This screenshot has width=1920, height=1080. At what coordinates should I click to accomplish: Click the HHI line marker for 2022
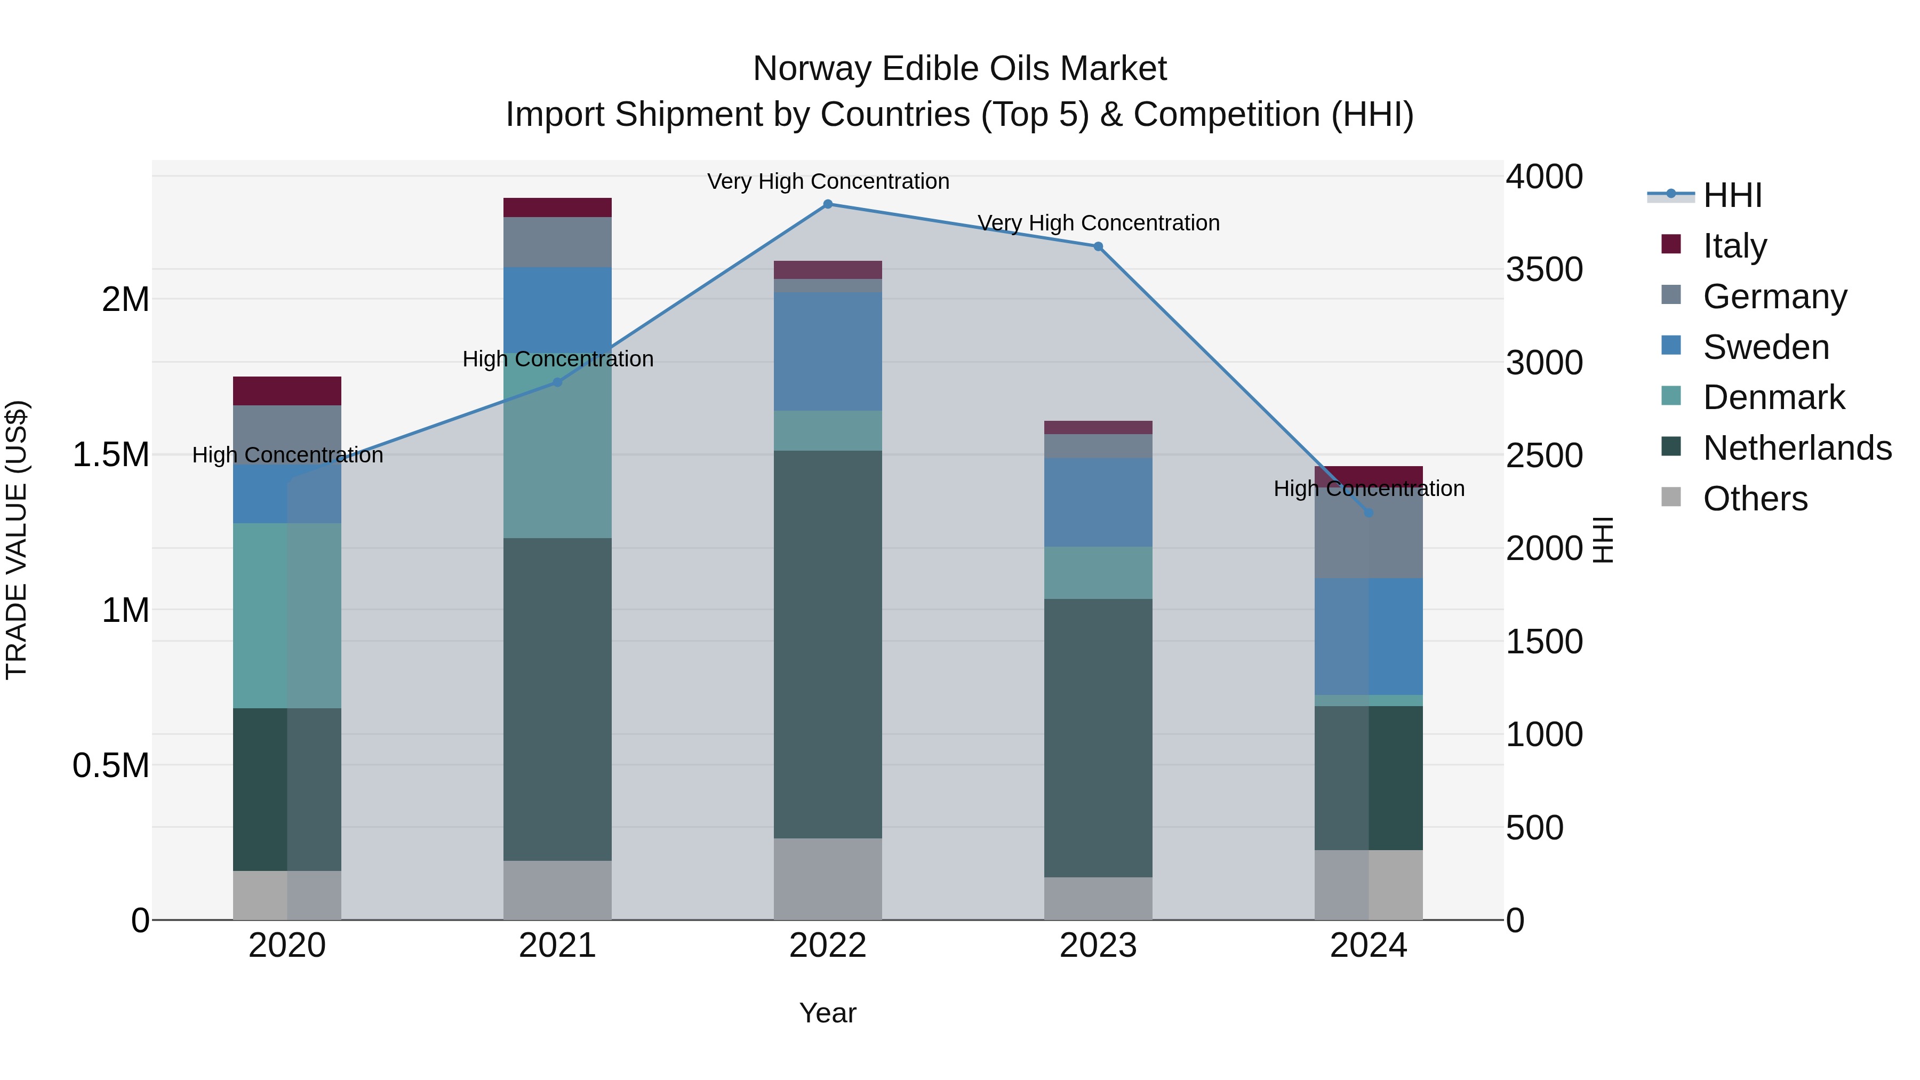(827, 204)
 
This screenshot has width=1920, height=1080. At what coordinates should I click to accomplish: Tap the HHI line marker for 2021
(557, 382)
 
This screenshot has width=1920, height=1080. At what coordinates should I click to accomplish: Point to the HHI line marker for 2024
(1369, 513)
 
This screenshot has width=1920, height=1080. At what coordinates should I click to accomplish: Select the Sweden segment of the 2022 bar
(827, 351)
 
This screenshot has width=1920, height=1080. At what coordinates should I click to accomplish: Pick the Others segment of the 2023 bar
(1098, 898)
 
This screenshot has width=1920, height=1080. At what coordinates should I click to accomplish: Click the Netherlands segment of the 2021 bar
(557, 699)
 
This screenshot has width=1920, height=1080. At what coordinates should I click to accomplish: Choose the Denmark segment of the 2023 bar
(1098, 572)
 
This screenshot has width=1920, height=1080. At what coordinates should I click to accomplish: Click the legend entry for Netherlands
(1797, 448)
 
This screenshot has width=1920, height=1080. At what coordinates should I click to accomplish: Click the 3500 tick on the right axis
(1543, 270)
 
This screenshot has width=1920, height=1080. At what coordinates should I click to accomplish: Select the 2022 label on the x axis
(827, 946)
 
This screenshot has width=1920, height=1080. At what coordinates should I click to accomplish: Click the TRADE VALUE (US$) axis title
(17, 540)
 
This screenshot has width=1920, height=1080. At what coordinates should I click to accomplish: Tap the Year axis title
(827, 1013)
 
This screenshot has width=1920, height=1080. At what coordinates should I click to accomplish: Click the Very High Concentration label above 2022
(827, 181)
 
